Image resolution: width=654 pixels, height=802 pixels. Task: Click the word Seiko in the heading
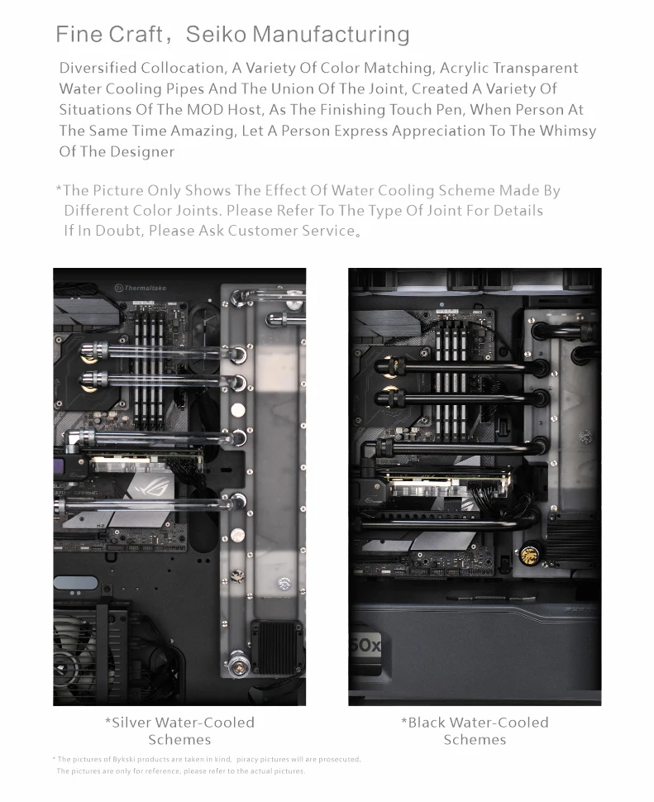pyautogui.click(x=216, y=34)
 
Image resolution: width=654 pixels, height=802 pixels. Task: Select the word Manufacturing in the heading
pyautogui.click(x=331, y=34)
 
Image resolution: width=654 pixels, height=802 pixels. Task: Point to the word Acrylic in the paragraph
pyautogui.click(x=463, y=68)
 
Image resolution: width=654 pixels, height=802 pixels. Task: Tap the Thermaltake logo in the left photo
pyautogui.click(x=141, y=288)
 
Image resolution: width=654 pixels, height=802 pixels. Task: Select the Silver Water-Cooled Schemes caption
pyautogui.click(x=179, y=731)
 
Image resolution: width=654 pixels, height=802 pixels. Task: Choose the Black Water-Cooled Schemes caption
pyautogui.click(x=475, y=731)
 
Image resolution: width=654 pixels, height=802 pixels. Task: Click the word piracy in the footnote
pyautogui.click(x=247, y=759)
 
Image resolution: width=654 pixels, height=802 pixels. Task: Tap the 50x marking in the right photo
pyautogui.click(x=365, y=646)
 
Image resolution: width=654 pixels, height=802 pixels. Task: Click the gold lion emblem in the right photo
pyautogui.click(x=527, y=554)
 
